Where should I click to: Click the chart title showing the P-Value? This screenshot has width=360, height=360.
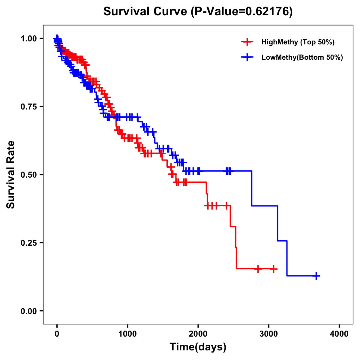pyautogui.click(x=198, y=12)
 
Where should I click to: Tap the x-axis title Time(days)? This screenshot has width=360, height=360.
pyautogui.click(x=198, y=347)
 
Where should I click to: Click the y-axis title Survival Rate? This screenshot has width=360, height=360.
pyautogui.click(x=11, y=174)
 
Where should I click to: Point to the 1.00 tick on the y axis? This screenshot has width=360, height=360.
pyautogui.click(x=28, y=39)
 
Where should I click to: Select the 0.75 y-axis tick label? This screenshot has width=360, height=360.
pyautogui.click(x=28, y=107)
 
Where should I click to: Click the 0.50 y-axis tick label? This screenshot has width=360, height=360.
pyautogui.click(x=28, y=175)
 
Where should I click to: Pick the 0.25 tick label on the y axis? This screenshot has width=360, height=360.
pyautogui.click(x=28, y=243)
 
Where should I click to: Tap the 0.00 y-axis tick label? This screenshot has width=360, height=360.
pyautogui.click(x=28, y=311)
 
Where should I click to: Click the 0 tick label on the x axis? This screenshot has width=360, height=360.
pyautogui.click(x=57, y=334)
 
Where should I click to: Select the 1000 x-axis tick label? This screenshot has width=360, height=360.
pyautogui.click(x=127, y=334)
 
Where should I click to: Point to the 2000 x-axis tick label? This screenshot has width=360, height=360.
pyautogui.click(x=198, y=334)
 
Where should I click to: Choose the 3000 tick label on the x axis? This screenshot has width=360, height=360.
pyautogui.click(x=269, y=334)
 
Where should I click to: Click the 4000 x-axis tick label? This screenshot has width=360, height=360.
pyautogui.click(x=339, y=334)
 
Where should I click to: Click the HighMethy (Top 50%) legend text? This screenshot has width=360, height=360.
pyautogui.click(x=298, y=42)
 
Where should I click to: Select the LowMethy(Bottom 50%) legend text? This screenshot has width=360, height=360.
pyautogui.click(x=302, y=57)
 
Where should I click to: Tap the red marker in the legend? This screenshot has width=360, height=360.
pyautogui.click(x=247, y=42)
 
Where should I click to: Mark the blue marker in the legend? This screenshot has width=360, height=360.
pyautogui.click(x=247, y=57)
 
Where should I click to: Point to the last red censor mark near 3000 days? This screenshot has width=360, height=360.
pyautogui.click(x=274, y=269)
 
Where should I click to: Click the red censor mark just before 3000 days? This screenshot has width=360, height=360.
pyautogui.click(x=258, y=269)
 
